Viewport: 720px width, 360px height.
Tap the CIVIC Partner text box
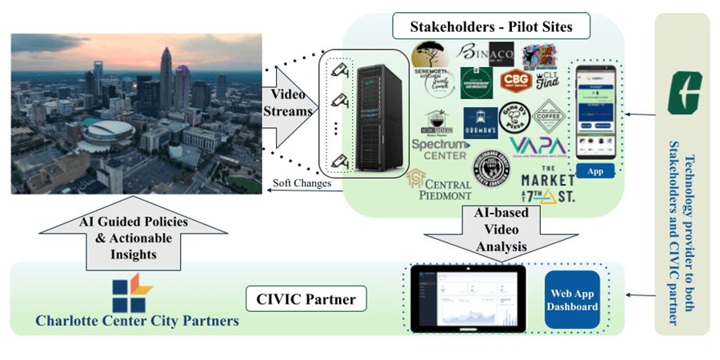[306, 301]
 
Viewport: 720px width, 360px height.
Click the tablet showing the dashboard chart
[466, 299]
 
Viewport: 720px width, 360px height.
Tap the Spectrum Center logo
[439, 148]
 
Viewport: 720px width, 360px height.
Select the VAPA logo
[537, 148]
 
